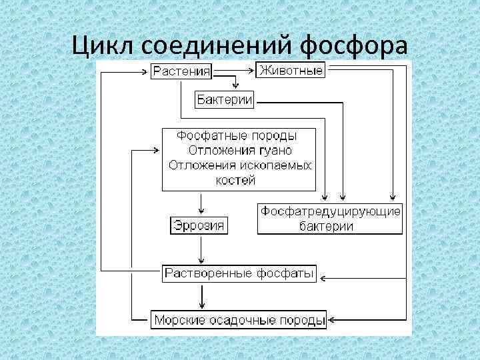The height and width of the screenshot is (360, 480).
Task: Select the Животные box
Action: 291,69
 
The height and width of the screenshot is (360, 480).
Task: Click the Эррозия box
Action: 199,225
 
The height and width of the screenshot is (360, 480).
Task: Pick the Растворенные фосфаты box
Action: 239,273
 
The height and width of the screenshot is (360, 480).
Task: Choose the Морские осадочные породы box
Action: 239,320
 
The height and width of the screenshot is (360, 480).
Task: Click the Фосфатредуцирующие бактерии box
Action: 330,219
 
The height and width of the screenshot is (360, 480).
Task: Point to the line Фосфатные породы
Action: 237,135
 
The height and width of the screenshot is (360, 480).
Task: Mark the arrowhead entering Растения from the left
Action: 147,69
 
